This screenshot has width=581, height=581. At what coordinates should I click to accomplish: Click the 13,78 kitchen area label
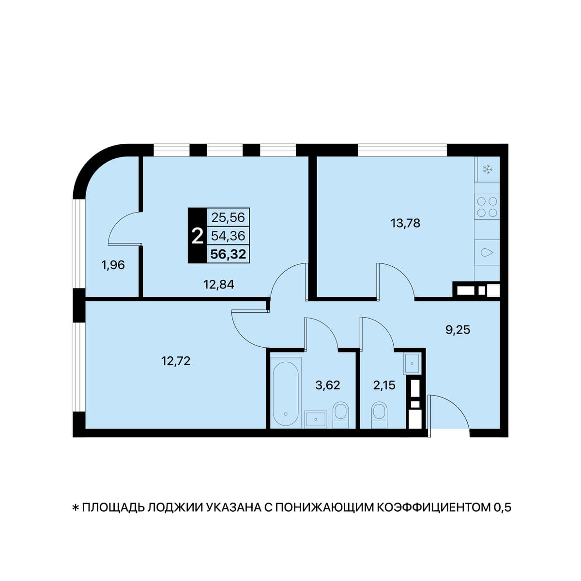[x=405, y=223]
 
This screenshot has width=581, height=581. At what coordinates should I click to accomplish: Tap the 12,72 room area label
[x=176, y=361]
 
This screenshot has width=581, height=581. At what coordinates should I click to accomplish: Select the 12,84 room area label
[x=219, y=284]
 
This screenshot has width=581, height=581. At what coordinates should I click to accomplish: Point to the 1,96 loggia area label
[x=113, y=265]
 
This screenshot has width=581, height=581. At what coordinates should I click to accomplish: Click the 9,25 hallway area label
[x=458, y=330]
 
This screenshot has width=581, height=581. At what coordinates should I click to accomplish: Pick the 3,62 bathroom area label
[x=327, y=385]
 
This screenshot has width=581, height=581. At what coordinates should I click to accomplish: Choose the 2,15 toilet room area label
[x=384, y=385]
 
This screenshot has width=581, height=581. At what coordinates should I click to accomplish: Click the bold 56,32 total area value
[x=228, y=255]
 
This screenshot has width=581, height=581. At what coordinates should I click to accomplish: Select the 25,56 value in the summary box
[x=228, y=217]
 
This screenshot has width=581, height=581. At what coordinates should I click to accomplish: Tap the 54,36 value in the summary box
[x=228, y=236]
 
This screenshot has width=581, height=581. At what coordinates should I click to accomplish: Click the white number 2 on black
[x=198, y=236]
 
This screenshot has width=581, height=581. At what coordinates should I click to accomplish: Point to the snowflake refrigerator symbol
[x=487, y=169]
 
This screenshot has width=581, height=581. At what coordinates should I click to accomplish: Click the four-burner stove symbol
[x=487, y=207]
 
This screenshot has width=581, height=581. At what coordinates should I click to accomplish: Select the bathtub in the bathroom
[x=286, y=392]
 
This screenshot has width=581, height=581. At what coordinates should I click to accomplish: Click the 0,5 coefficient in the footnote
[x=502, y=507]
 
